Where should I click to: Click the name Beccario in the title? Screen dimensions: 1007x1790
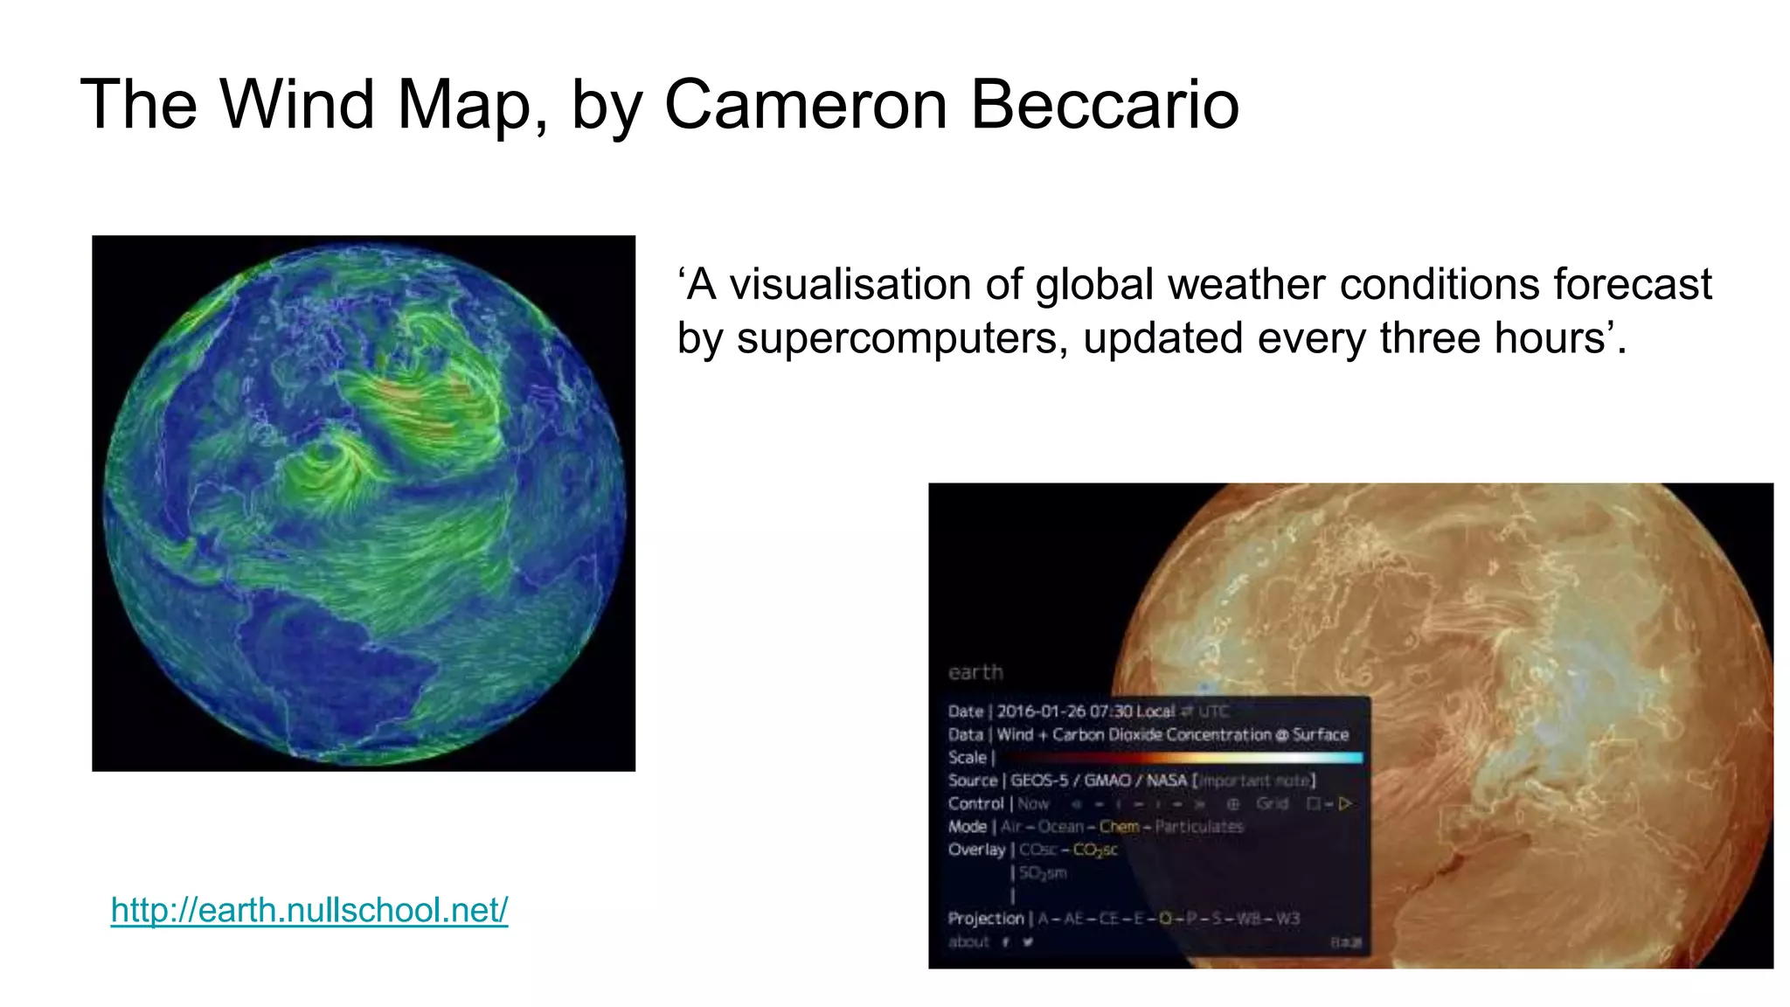(1105, 105)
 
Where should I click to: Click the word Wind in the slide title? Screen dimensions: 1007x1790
(297, 105)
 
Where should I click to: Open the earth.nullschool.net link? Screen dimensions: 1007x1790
(309, 910)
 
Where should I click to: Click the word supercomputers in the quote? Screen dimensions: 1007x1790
(901, 338)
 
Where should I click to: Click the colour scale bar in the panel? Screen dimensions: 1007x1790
(1180, 758)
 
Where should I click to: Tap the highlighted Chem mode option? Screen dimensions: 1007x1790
(1119, 826)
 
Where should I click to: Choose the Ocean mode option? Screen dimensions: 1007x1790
(1060, 826)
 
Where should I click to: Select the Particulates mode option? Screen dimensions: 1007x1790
(1198, 826)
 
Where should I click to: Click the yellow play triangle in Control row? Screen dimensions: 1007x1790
(1345, 803)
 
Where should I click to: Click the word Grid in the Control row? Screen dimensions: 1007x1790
(1272, 803)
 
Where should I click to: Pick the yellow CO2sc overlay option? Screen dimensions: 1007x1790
(1095, 850)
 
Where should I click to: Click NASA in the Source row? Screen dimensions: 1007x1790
(1167, 781)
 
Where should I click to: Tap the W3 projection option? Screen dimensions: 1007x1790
(1287, 919)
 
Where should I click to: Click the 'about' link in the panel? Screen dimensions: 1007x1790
(968, 941)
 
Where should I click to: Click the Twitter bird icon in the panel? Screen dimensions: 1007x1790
(1028, 941)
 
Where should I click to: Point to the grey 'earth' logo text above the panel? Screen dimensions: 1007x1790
(975, 672)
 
